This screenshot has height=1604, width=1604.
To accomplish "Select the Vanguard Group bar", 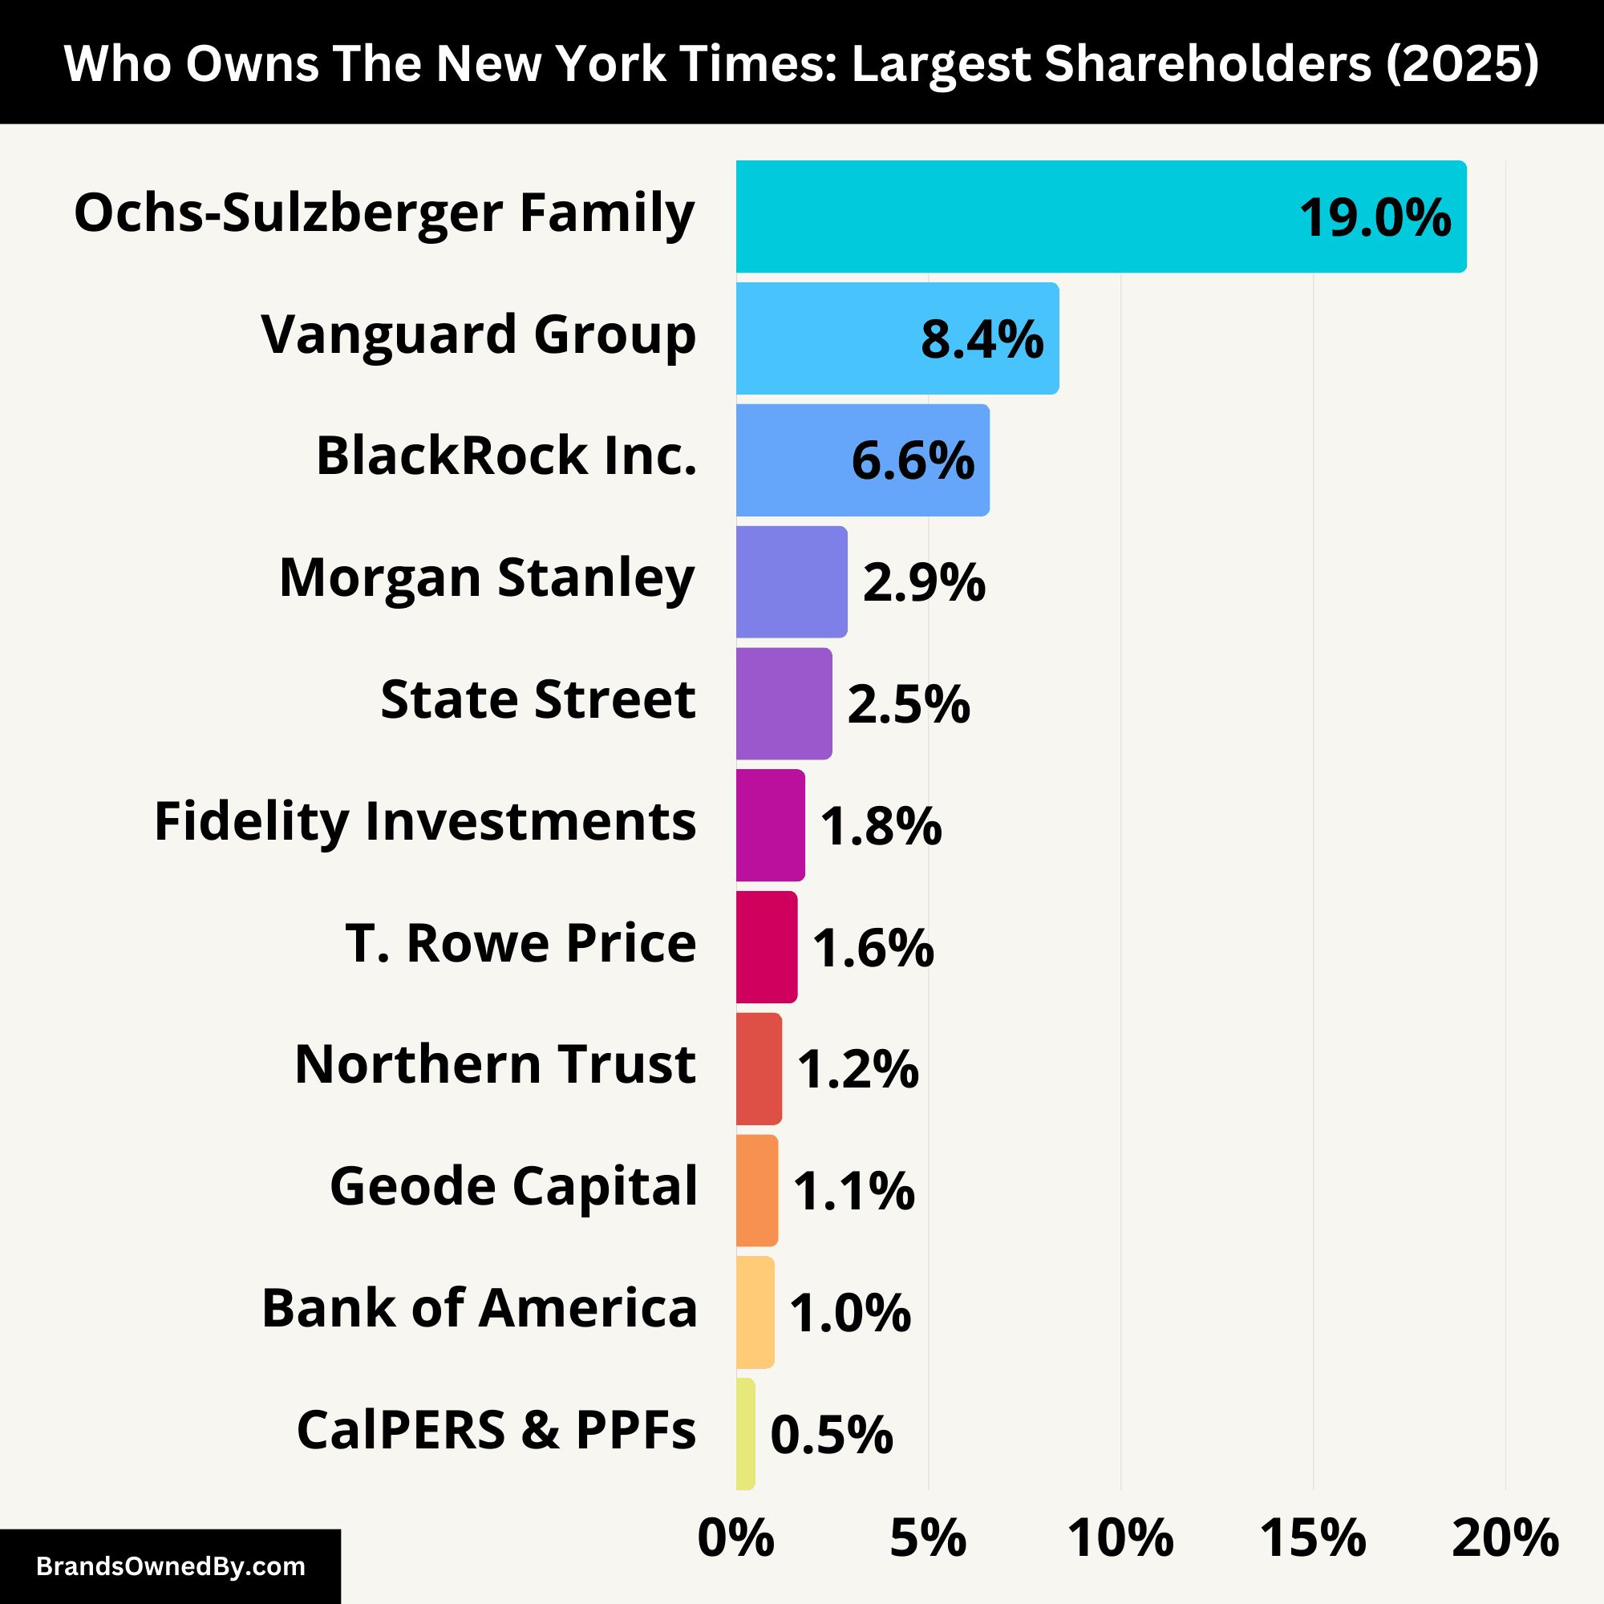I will click(830, 338).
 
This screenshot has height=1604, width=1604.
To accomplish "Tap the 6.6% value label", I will click(913, 461).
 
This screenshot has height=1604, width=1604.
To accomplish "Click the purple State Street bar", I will click(784, 703).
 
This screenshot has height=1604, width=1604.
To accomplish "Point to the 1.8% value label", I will click(881, 826).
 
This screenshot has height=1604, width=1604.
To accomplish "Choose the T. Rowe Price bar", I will click(766, 947).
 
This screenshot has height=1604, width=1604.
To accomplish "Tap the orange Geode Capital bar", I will click(756, 1190).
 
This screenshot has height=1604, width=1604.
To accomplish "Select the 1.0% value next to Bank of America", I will click(849, 1314).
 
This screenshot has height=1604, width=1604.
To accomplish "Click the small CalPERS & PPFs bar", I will click(745, 1434).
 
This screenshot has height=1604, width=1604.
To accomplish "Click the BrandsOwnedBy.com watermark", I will click(170, 1566).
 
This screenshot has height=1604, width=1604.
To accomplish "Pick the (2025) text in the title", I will click(1461, 64).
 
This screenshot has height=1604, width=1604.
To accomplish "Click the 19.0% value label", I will click(1375, 218).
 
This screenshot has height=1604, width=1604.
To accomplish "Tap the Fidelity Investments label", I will click(425, 822).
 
